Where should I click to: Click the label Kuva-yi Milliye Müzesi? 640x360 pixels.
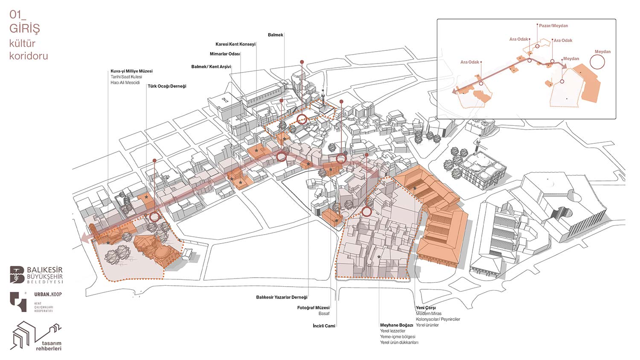(x=131, y=71)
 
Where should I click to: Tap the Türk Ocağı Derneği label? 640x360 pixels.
(x=167, y=86)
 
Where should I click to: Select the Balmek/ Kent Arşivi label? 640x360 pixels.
(x=211, y=67)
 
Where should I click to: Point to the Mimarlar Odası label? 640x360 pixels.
(x=225, y=54)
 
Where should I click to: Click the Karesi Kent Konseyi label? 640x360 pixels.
(x=235, y=44)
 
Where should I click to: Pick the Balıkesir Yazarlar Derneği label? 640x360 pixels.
(x=282, y=297)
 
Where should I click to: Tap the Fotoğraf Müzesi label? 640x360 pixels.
(x=313, y=308)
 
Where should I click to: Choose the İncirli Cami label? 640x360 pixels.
(x=324, y=326)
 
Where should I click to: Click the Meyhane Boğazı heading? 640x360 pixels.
(x=396, y=325)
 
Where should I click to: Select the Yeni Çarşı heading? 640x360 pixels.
(x=426, y=308)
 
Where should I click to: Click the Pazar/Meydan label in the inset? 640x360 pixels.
(x=553, y=26)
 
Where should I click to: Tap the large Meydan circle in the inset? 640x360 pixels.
(x=597, y=62)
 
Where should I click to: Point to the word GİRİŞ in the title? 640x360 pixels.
(x=25, y=29)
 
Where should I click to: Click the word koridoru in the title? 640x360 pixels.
(x=29, y=56)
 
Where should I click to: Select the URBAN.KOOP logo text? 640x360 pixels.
(x=48, y=294)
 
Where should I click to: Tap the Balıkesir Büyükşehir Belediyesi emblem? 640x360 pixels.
(x=17, y=275)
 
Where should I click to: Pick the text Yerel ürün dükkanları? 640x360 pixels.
(x=399, y=343)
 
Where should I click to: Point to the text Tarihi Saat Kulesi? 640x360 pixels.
(x=126, y=77)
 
